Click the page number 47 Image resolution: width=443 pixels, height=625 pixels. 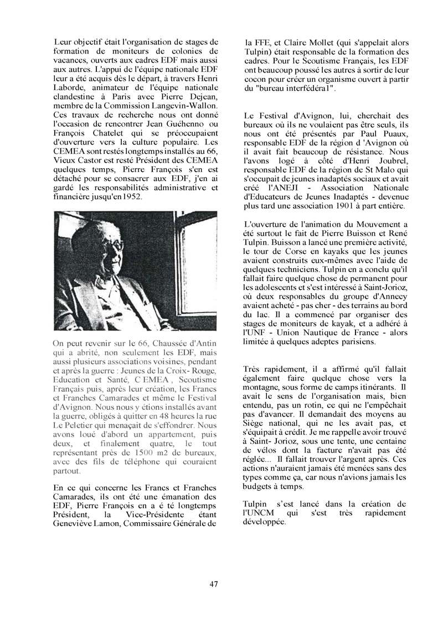click(214, 584)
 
